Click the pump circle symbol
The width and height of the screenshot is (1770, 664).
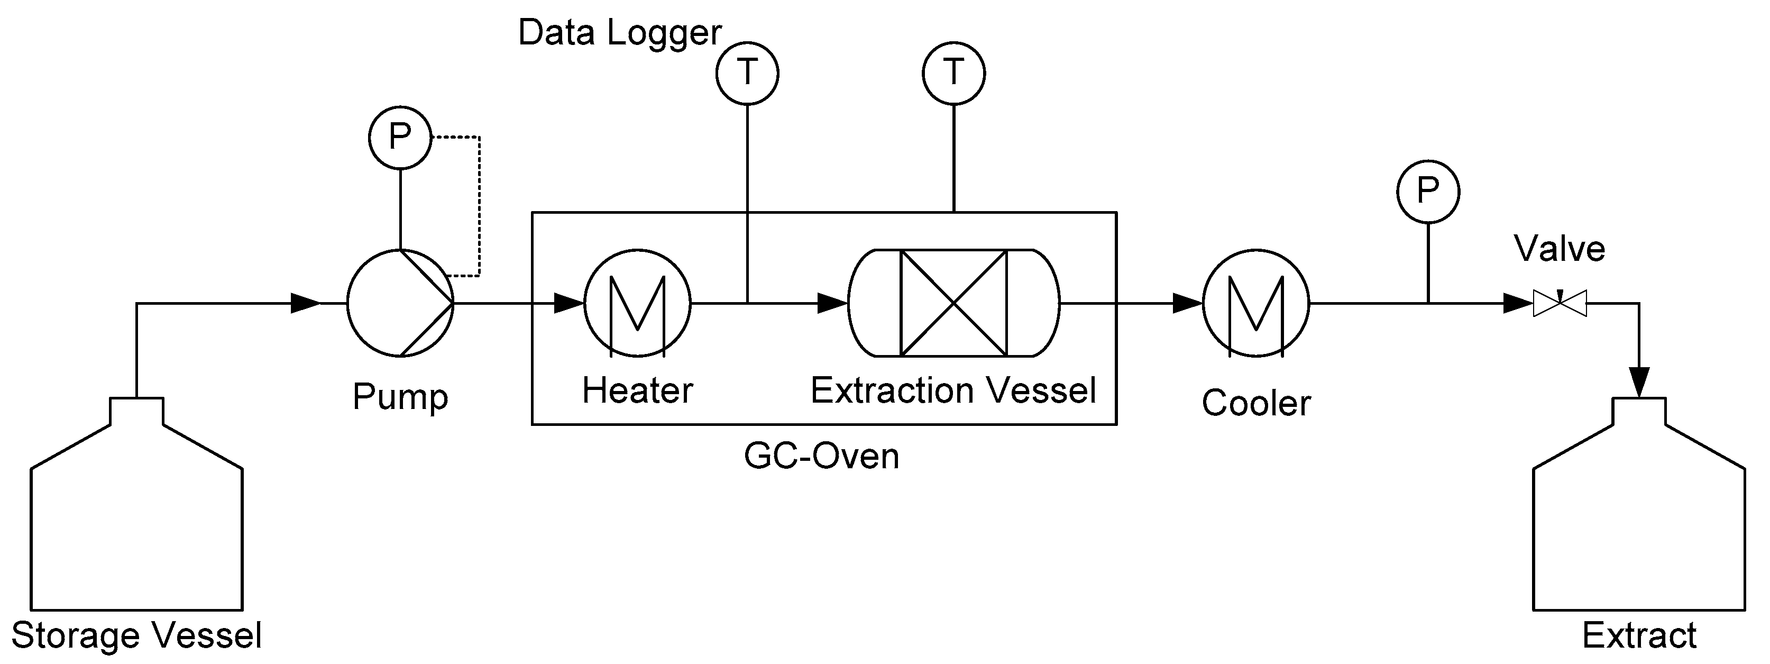click(400, 303)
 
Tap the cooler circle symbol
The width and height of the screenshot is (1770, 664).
click(1255, 303)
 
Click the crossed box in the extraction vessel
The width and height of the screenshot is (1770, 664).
click(953, 303)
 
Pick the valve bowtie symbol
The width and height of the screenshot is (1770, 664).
click(1560, 303)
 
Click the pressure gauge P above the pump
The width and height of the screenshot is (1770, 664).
click(400, 137)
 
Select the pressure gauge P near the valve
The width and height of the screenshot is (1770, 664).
click(1428, 191)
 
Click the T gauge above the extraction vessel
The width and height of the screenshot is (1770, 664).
click(953, 73)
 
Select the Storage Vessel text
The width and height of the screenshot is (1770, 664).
click(137, 635)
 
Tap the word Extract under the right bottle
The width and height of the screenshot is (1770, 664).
click(1639, 635)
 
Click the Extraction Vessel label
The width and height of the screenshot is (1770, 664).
click(953, 390)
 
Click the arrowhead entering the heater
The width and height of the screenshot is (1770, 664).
click(568, 303)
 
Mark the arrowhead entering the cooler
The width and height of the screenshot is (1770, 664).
click(1187, 303)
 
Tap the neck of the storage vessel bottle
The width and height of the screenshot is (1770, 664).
click(137, 411)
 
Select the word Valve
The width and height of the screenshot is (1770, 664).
click(1559, 249)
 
